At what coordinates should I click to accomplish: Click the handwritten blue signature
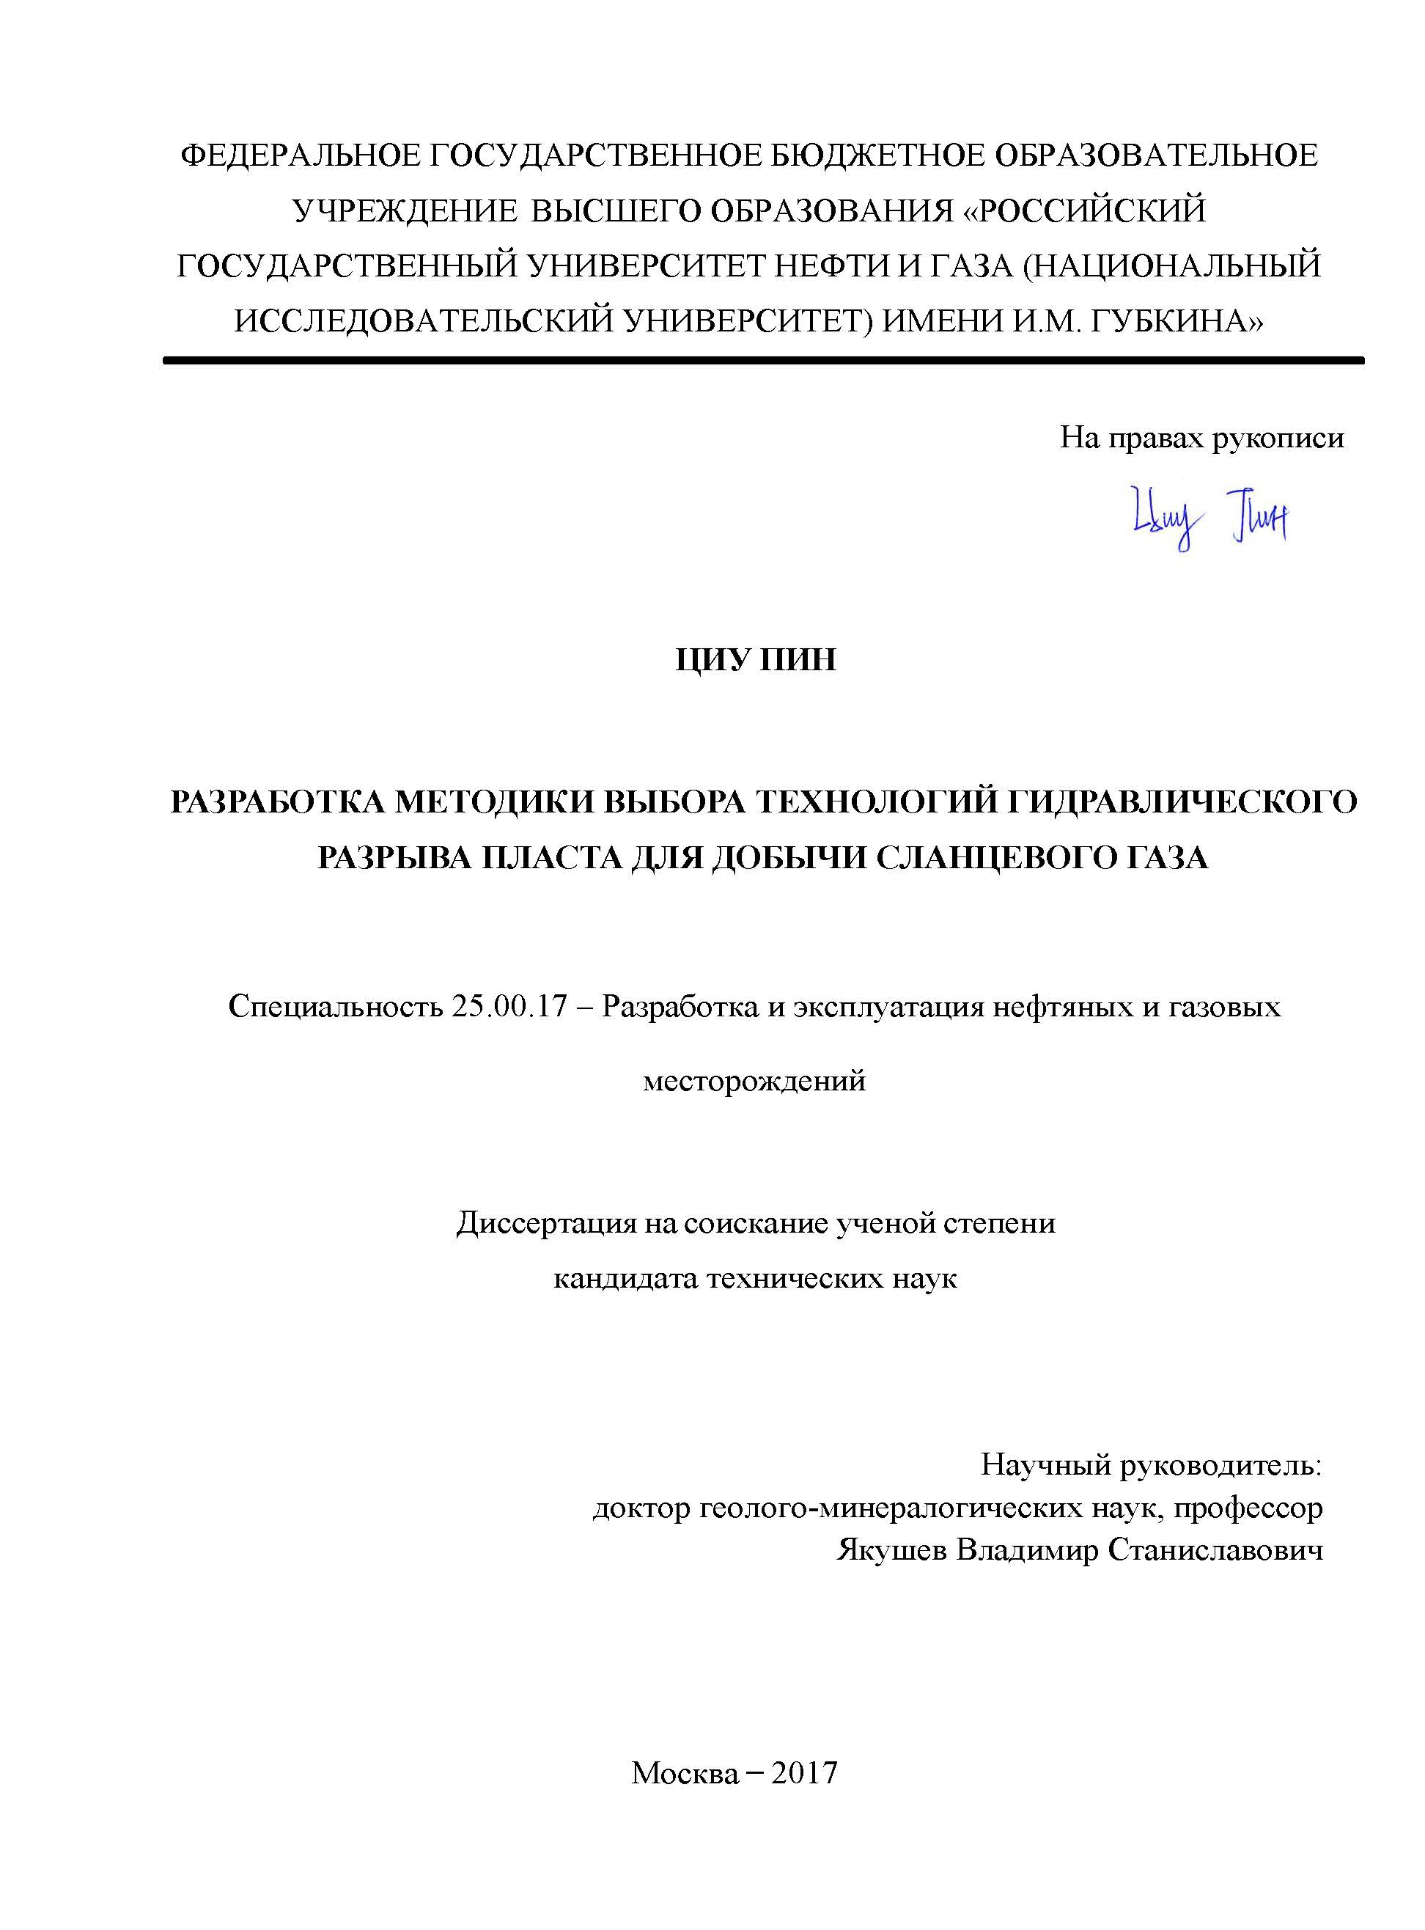pyautogui.click(x=1209, y=518)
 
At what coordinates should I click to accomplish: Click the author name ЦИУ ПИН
pyautogui.click(x=755, y=661)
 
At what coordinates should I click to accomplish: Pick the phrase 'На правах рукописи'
pyautogui.click(x=1201, y=439)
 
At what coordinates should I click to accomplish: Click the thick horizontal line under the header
pyautogui.click(x=763, y=361)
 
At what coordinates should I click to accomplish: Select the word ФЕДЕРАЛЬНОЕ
pyautogui.click(x=298, y=156)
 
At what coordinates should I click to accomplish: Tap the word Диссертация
pyautogui.click(x=546, y=1223)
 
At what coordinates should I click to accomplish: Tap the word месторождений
pyautogui.click(x=755, y=1080)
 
